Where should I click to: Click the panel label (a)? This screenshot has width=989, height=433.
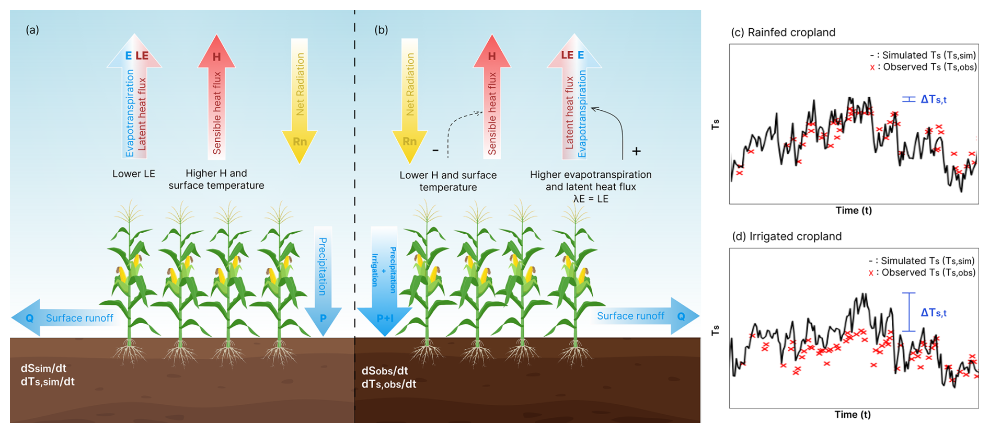(x=32, y=30)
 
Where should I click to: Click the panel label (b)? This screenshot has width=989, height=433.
(x=381, y=30)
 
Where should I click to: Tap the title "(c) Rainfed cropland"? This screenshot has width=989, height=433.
(x=783, y=32)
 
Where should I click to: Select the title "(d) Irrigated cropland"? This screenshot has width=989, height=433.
(x=787, y=236)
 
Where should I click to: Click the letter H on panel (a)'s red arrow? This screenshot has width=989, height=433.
(x=216, y=56)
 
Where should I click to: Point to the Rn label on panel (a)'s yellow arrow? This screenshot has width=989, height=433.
(x=300, y=142)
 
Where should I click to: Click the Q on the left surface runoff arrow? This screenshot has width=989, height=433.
(x=30, y=318)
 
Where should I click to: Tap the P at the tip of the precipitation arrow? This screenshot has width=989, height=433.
(x=323, y=318)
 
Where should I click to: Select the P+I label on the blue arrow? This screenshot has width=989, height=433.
(x=385, y=318)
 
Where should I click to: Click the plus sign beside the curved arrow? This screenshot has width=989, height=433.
(x=636, y=152)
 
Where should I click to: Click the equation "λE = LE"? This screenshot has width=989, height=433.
(x=591, y=199)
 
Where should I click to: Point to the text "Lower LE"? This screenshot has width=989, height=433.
(x=134, y=174)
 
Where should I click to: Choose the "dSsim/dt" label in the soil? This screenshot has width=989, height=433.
(x=43, y=368)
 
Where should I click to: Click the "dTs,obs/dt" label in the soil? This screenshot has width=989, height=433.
(x=389, y=384)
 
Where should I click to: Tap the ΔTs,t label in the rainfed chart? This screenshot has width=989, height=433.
(x=934, y=99)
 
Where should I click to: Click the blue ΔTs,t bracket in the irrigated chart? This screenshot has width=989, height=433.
(x=909, y=312)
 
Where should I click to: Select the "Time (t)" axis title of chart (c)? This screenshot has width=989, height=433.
(x=854, y=210)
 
